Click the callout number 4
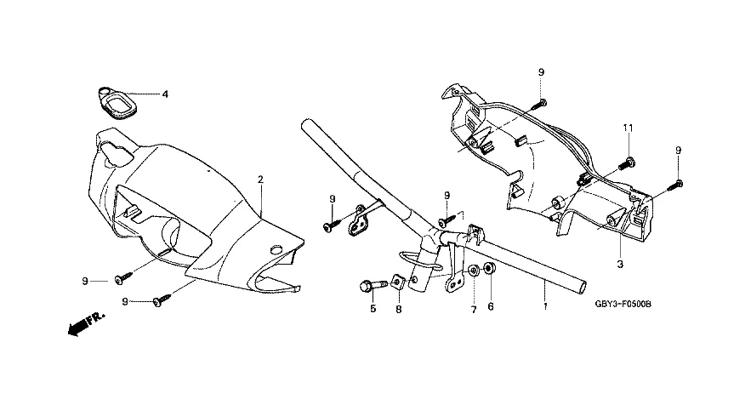(x=165, y=94)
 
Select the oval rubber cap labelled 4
(x=115, y=105)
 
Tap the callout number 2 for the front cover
(x=260, y=179)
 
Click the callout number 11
(x=628, y=128)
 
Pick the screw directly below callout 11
(x=629, y=160)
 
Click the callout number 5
(x=372, y=308)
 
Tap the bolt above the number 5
(x=367, y=283)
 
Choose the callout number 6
(x=491, y=308)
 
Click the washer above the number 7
(x=471, y=272)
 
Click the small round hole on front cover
(x=275, y=248)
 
